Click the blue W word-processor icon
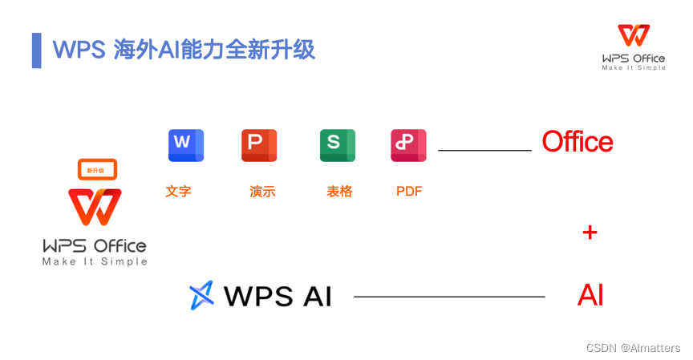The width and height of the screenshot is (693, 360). (x=186, y=145)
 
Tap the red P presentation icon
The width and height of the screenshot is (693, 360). (x=259, y=145)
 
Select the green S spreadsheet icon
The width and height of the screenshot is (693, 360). (x=337, y=145)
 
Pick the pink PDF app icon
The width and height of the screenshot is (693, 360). (x=408, y=145)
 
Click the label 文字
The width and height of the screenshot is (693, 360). (x=178, y=192)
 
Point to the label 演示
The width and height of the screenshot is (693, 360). (x=262, y=192)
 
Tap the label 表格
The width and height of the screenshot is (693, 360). (x=339, y=192)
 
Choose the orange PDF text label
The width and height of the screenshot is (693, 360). (x=409, y=192)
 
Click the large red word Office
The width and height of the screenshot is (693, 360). (x=577, y=142)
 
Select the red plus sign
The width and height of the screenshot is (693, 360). (x=590, y=233)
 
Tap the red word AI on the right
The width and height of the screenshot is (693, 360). (x=590, y=296)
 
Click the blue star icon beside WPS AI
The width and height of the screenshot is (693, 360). (x=202, y=295)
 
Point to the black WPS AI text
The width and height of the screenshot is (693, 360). (x=278, y=297)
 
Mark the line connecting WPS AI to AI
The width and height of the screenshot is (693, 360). (x=449, y=297)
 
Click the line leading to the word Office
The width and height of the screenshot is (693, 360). (x=484, y=150)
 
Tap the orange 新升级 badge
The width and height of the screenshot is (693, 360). (x=97, y=170)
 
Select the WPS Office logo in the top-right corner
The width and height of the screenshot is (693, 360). (x=634, y=47)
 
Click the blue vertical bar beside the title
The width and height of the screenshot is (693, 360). (x=36, y=51)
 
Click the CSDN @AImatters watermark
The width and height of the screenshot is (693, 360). (x=633, y=348)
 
